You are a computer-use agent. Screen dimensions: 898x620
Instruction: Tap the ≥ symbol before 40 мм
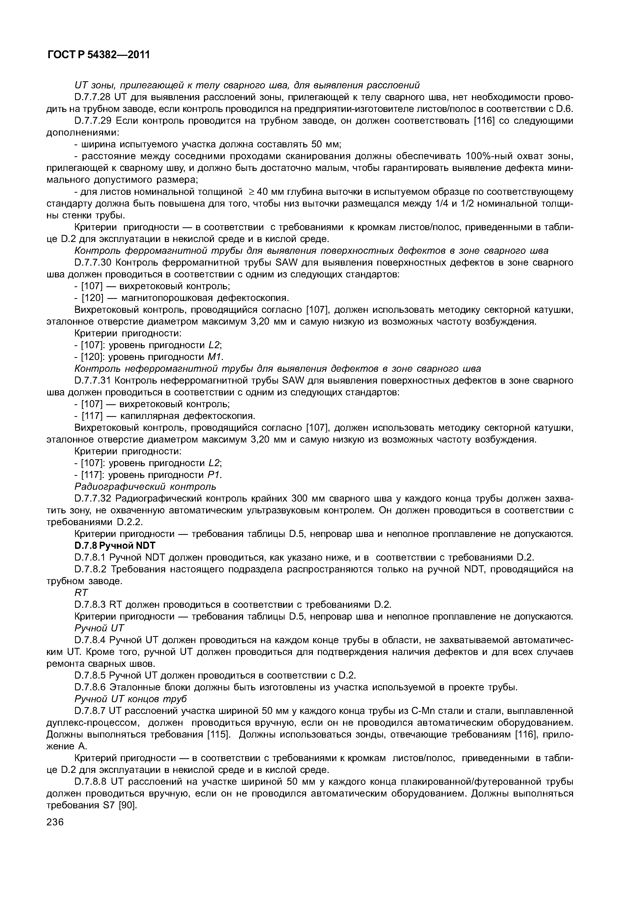[x=251, y=192]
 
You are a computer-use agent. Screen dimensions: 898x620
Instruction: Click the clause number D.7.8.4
[x=90, y=640]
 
